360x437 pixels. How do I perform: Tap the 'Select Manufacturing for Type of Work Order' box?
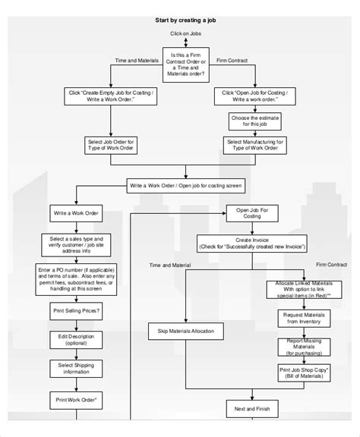pos(256,144)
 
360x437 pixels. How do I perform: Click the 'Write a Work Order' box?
pos(75,213)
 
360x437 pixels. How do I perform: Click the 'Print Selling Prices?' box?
pos(75,310)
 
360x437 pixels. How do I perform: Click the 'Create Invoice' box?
pos(252,242)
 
